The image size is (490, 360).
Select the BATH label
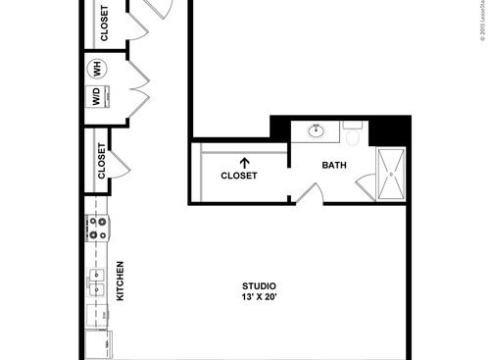pyautogui.click(x=335, y=165)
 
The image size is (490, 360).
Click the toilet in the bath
pyautogui.click(x=353, y=129)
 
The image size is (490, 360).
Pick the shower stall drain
pyautogui.click(x=392, y=176)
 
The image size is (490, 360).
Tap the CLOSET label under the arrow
pyautogui.click(x=239, y=177)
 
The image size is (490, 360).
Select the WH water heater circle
pyautogui.click(x=97, y=68)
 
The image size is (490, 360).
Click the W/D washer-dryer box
pyautogui.click(x=97, y=97)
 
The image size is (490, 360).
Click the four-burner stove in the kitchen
pyautogui.click(x=97, y=229)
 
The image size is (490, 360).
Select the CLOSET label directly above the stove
pyautogui.click(x=102, y=162)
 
